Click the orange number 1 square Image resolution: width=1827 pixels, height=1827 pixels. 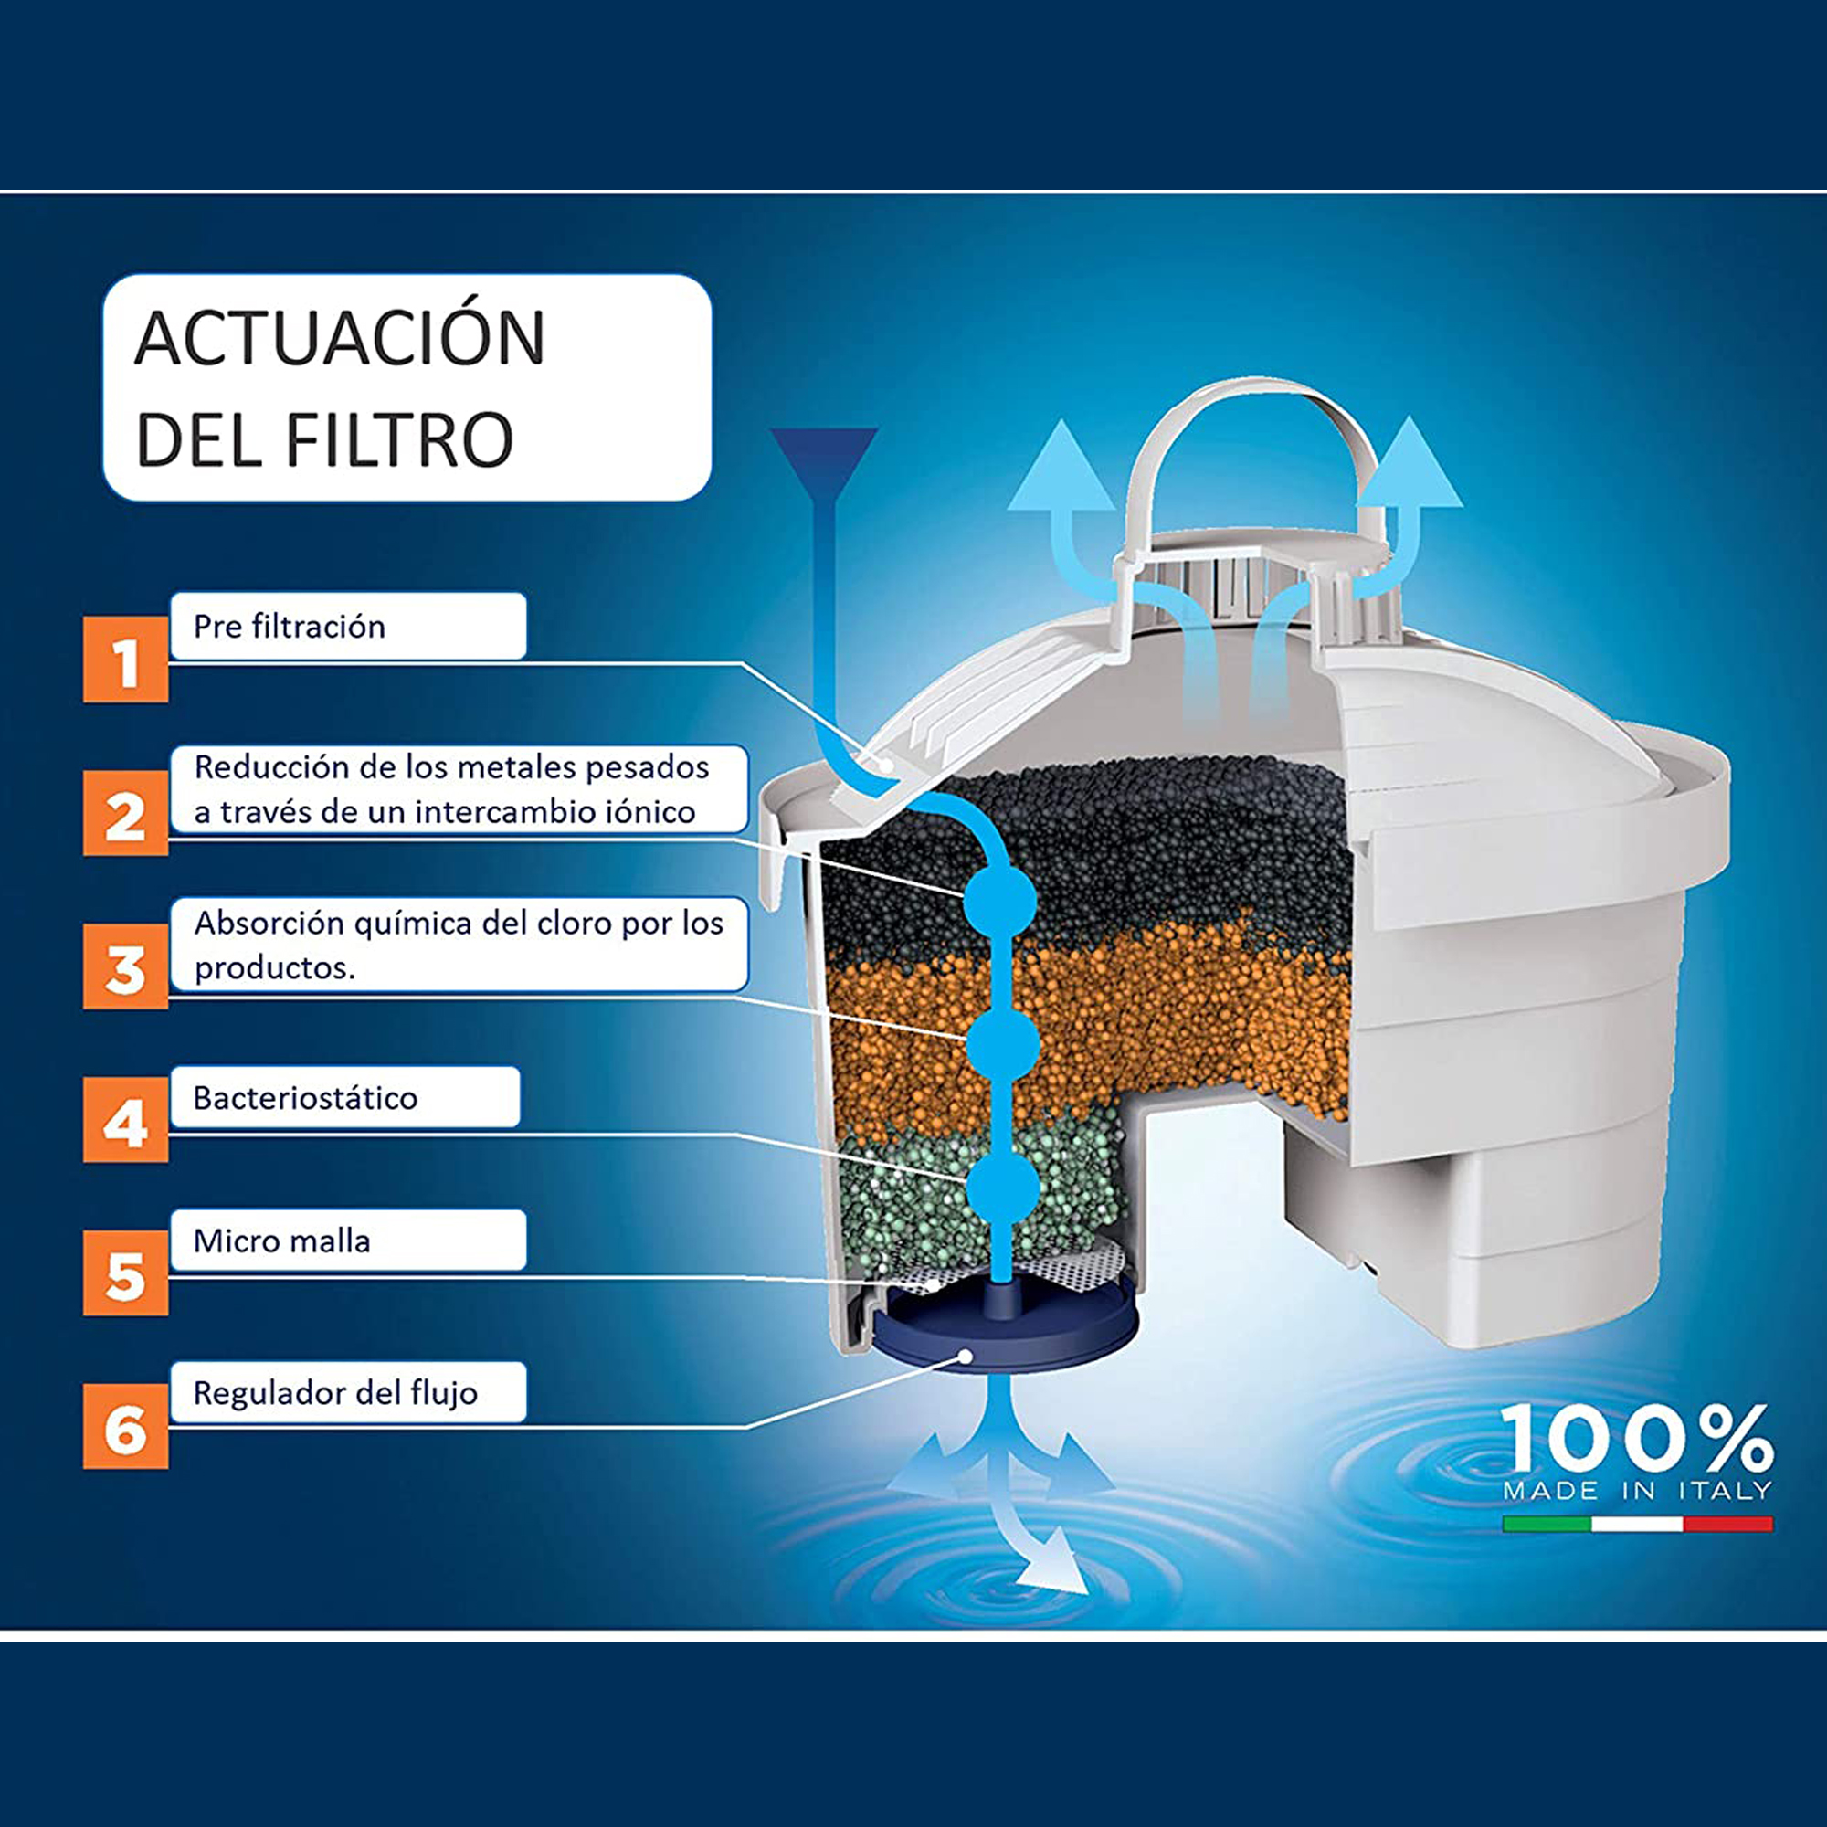pyautogui.click(x=126, y=660)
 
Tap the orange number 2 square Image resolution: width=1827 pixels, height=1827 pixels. pyautogui.click(x=126, y=812)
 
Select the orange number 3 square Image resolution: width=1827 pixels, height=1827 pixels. pyautogui.click(x=126, y=966)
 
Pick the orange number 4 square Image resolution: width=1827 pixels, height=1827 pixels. pyautogui.click(x=126, y=1120)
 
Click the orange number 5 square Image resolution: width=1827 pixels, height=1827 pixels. pyautogui.click(x=126, y=1273)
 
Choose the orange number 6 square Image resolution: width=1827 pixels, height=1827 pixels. pyautogui.click(x=126, y=1426)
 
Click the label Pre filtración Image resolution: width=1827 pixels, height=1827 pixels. pyautogui.click(x=290, y=626)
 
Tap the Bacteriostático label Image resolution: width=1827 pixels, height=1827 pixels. pyautogui.click(x=305, y=1098)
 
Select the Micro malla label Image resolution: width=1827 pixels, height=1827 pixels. pyautogui.click(x=281, y=1241)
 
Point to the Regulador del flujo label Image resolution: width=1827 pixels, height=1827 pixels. pyautogui.click(x=335, y=1393)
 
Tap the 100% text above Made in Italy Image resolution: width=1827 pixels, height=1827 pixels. pyautogui.click(x=1637, y=1439)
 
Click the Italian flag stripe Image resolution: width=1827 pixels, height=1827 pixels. pyautogui.click(x=1637, y=1524)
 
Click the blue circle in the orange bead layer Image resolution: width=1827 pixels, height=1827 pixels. pyautogui.click(x=1002, y=1044)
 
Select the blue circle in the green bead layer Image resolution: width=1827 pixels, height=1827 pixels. pyautogui.click(x=1002, y=1187)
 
